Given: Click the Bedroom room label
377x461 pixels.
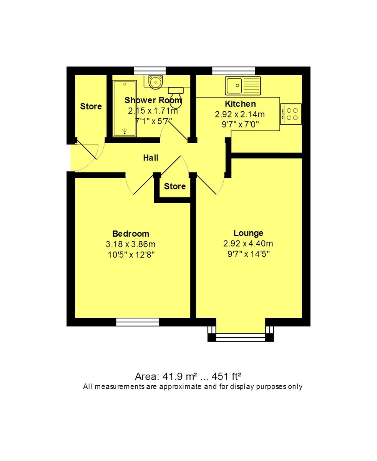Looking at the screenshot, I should (x=131, y=234).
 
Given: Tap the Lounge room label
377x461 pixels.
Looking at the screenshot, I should (x=248, y=233).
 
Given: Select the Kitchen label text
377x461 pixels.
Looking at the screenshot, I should (x=240, y=104).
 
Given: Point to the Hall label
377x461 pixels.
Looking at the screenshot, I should (x=151, y=158).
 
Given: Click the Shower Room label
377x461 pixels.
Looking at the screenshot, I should (x=153, y=101).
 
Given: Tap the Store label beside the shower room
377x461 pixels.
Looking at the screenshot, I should (x=91, y=106).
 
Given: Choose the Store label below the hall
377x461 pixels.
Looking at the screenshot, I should (x=175, y=186).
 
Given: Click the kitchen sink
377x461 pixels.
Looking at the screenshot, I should (x=234, y=85).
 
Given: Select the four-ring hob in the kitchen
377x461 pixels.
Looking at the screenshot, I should (x=291, y=114).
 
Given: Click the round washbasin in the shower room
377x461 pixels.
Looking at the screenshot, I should (x=156, y=82).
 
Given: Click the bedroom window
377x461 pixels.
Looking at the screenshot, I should (x=138, y=322).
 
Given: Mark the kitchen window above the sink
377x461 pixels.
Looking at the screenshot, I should (x=234, y=71).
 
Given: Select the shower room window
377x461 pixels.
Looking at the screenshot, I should (x=150, y=71).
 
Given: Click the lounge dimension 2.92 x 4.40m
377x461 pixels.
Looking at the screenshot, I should (x=248, y=244).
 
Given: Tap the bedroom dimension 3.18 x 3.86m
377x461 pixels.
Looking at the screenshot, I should (x=131, y=244).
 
